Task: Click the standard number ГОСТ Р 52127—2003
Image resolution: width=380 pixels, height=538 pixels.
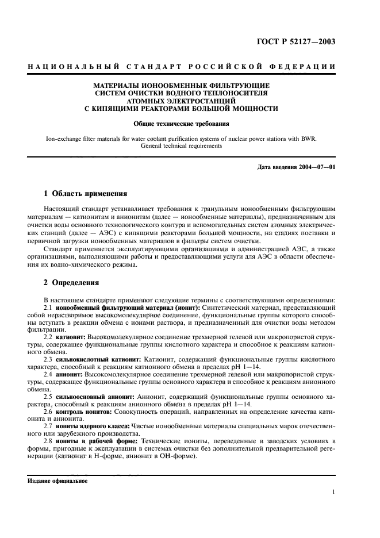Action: pos(305,41)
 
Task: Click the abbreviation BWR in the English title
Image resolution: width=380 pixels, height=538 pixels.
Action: pos(314,139)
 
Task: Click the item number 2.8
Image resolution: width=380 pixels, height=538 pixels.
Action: pos(48,441)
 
